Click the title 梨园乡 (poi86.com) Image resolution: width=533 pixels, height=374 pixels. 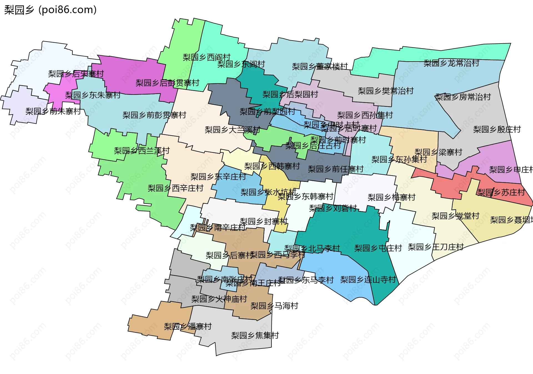pyautogui.click(x=51, y=10)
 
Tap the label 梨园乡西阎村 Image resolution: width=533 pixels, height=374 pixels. pyautogui.click(x=207, y=57)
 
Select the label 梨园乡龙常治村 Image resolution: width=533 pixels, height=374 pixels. pyautogui.click(x=451, y=63)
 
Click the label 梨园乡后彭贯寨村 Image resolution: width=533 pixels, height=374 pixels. pyautogui.click(x=167, y=83)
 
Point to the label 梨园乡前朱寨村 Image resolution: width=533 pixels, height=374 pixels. pyautogui.click(x=53, y=111)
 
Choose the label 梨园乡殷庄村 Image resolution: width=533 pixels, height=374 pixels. pyautogui.click(x=497, y=129)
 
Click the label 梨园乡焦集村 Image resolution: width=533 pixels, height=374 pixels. pyautogui.click(x=255, y=335)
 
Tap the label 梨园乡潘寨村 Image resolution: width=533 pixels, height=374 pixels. pyautogui.click(x=188, y=327)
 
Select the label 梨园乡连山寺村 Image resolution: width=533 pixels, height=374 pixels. pyautogui.click(x=368, y=280)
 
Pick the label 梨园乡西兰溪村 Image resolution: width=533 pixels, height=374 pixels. pyautogui.click(x=142, y=151)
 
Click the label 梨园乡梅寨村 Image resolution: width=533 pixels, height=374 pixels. pyautogui.click(x=391, y=197)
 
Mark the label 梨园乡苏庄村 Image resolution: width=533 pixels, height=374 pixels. pyautogui.click(x=501, y=192)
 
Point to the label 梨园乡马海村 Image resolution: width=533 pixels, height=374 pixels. pyautogui.click(x=274, y=306)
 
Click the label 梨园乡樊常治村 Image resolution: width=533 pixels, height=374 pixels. pyautogui.click(x=386, y=91)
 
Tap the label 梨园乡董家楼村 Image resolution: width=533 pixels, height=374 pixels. pyautogui.click(x=320, y=67)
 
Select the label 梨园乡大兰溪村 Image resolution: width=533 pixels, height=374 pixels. pyautogui.click(x=232, y=130)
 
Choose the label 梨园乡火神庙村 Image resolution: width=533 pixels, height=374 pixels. pyautogui.click(x=219, y=299)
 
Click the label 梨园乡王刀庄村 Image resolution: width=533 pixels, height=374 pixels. pyautogui.click(x=436, y=247)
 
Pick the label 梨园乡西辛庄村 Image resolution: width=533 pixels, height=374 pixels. pyautogui.click(x=175, y=188)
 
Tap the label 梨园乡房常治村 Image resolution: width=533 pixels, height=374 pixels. pyautogui.click(x=463, y=97)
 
